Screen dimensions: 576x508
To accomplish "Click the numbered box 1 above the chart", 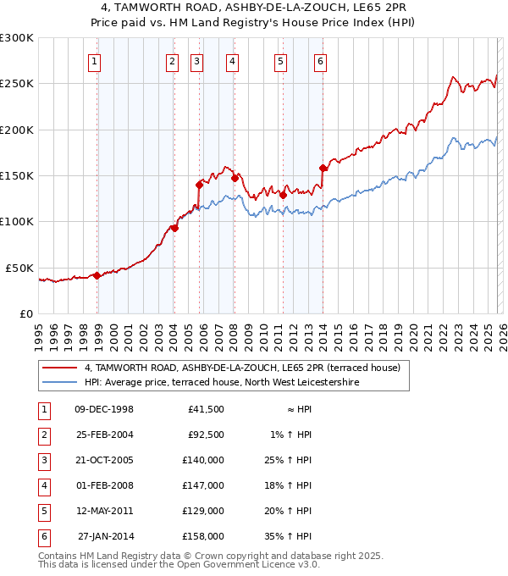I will (94, 61).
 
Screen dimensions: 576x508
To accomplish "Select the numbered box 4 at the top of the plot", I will (231, 61).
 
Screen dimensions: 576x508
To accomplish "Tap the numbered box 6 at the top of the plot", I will (321, 61).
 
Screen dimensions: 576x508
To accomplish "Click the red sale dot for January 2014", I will (323, 168).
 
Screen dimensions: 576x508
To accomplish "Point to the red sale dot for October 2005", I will (199, 184).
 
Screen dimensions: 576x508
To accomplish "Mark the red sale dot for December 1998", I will (97, 274).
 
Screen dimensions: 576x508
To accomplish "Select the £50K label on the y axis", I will (19, 268).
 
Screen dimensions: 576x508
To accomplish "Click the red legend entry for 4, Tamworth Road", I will (247, 368).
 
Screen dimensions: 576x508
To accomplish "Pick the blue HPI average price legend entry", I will (222, 383).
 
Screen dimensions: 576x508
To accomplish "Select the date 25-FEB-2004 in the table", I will (104, 435).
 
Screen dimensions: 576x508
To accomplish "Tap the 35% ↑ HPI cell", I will (294, 536).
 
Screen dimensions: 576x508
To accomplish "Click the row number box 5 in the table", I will (43, 511).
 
